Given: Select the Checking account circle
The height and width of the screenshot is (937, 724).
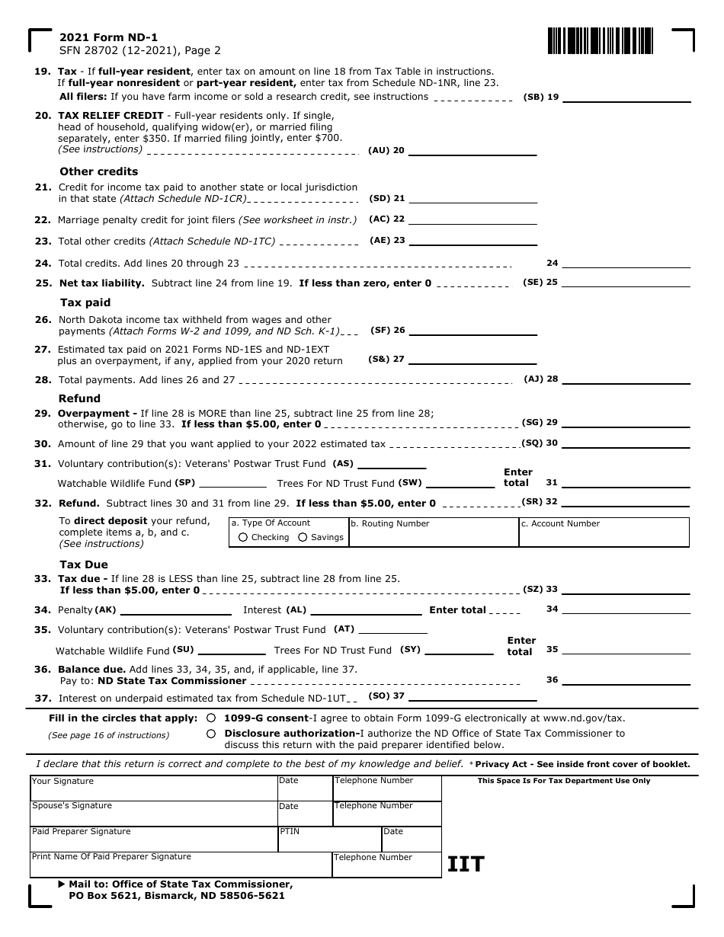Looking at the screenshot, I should click(243, 537).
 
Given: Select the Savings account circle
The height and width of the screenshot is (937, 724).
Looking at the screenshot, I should click(303, 537).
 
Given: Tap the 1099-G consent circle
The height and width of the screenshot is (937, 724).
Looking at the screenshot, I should click(210, 718).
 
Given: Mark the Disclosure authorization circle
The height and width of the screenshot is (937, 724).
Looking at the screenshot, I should click(210, 734).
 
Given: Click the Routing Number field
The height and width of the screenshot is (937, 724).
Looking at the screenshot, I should click(433, 536).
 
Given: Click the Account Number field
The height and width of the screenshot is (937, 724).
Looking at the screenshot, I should click(604, 536).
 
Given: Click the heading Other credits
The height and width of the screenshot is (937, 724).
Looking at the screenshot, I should click(99, 171).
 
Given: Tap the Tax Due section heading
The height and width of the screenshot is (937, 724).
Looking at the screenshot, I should click(84, 564).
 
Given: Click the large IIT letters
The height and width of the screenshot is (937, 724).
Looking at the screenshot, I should click(466, 864).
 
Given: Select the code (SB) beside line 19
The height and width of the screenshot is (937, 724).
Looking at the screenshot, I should click(533, 97).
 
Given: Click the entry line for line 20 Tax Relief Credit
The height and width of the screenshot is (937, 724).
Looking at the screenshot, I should click(473, 152).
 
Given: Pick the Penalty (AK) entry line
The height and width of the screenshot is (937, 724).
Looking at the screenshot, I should click(175, 611).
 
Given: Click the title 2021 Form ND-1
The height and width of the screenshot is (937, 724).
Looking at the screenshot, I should click(109, 37).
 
